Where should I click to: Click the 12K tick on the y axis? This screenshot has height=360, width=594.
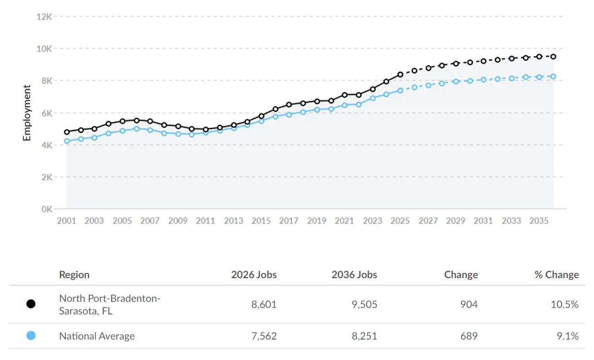(x=44, y=17)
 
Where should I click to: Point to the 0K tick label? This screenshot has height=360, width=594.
(x=47, y=209)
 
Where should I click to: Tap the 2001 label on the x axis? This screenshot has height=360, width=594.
(x=67, y=220)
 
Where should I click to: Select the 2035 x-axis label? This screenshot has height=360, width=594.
(x=539, y=220)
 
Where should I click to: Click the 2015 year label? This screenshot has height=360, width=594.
(x=261, y=220)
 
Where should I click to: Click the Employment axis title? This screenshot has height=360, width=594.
(x=27, y=113)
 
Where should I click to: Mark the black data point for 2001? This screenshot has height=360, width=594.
(x=67, y=132)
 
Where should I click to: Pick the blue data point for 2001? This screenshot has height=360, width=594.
(x=67, y=141)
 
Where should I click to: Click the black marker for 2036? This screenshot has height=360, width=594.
(x=553, y=57)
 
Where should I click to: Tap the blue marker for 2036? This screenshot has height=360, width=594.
(x=553, y=76)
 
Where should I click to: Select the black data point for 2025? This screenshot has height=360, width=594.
(x=400, y=75)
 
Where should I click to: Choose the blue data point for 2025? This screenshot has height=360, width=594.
(x=400, y=90)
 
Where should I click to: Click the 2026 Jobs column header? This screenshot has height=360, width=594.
(x=254, y=274)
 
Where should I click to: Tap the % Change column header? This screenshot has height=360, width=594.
(x=557, y=274)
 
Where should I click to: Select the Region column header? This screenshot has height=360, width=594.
(x=74, y=275)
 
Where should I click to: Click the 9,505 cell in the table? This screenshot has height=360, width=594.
(x=364, y=304)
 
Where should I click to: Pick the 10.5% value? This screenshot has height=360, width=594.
(x=565, y=304)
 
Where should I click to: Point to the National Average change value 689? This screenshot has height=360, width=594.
(x=469, y=336)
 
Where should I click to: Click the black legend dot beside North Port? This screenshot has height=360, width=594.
(x=31, y=304)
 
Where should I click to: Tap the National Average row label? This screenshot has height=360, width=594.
(x=97, y=336)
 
